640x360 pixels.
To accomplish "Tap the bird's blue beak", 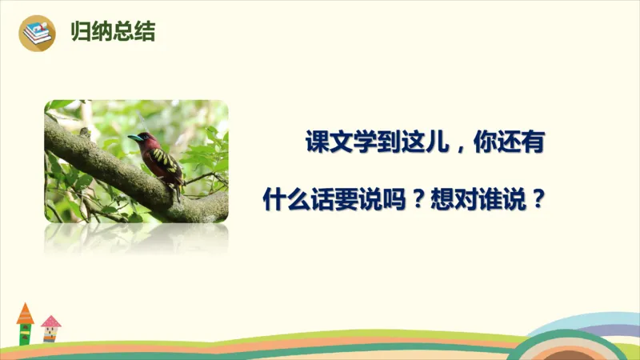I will pos(134,138).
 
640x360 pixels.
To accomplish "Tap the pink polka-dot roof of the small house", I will pos(50,321).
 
